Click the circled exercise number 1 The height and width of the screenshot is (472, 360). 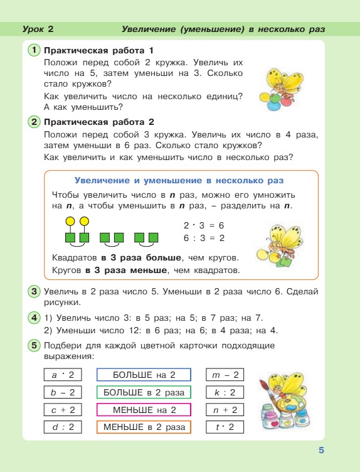point(34,50)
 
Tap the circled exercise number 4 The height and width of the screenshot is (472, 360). point(34,318)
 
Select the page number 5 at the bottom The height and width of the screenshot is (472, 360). point(320,449)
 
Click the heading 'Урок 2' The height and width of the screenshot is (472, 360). point(38,29)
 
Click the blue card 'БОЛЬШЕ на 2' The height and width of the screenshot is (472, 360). point(144,375)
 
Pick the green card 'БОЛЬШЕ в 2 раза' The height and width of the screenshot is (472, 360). point(144,392)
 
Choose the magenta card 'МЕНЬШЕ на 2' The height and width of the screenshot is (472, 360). point(144,410)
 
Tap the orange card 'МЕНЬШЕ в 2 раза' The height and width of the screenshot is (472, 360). point(144,427)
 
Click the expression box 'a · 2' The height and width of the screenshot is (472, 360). point(63,375)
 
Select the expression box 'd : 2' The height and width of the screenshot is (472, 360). point(63,427)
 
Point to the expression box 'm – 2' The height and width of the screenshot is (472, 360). point(225,375)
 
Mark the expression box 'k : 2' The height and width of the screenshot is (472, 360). point(225,392)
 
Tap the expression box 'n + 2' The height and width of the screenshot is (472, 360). point(225,410)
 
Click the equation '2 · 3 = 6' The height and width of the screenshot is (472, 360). point(204,225)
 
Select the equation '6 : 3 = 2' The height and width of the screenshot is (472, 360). point(204,238)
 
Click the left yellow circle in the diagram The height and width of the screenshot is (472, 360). point(70,221)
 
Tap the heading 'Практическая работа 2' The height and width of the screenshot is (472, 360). point(99,122)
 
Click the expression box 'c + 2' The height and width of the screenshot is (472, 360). point(63,410)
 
